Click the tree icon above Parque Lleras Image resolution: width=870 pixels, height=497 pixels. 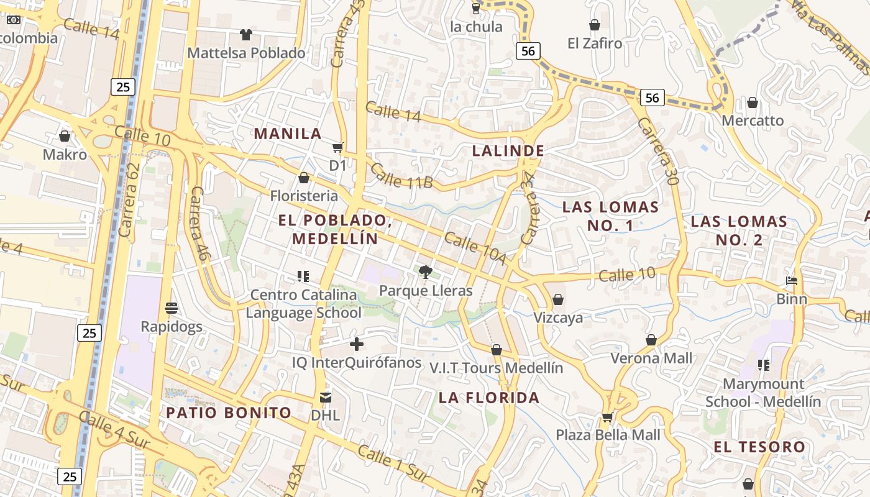coord(426,271)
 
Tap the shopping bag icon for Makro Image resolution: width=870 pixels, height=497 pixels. coord(65,135)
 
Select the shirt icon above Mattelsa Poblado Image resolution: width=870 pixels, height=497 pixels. coord(247,34)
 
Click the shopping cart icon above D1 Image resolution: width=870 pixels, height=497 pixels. coord(337,147)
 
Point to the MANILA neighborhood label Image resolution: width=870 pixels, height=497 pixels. coord(288,134)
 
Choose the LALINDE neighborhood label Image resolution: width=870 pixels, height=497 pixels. coord(508,150)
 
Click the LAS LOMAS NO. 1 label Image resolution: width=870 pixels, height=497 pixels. coord(610,216)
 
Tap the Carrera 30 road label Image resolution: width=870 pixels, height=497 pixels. coord(657,152)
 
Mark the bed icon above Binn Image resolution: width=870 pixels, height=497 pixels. coord(792,281)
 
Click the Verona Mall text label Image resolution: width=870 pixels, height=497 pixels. coord(651,358)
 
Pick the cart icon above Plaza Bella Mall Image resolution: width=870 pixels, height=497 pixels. coord(608,416)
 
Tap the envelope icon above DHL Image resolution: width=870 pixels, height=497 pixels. coord(326,397)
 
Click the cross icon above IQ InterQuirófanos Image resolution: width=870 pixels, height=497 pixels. coord(357,344)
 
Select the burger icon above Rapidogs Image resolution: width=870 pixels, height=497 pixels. coord(172,308)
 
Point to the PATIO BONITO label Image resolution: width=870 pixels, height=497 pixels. coord(229,413)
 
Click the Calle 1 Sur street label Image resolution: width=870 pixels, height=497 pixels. coord(393,463)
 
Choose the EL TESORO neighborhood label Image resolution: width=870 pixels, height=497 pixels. coord(759,446)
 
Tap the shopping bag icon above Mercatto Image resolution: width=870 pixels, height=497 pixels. coord(753,102)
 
